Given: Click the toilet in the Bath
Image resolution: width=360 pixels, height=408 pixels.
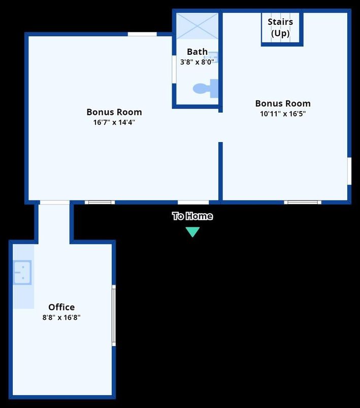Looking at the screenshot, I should [x=205, y=89].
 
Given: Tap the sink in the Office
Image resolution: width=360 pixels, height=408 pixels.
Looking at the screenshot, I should [x=22, y=272].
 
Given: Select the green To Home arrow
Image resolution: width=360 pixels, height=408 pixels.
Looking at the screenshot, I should [x=192, y=232].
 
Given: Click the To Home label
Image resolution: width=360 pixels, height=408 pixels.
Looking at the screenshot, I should [x=192, y=216].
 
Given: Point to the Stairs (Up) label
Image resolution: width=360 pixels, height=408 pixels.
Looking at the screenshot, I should [x=280, y=28].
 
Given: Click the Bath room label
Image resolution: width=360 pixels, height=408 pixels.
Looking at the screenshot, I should [x=197, y=51].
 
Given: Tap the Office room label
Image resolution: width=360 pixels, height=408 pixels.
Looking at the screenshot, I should [x=61, y=307].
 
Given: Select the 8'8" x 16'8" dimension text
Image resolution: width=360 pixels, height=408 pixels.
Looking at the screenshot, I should [x=61, y=318].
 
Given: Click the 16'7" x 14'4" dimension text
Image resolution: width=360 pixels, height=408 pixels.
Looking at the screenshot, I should [x=114, y=122].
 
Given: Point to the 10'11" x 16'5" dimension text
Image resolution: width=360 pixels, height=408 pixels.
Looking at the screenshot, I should [x=283, y=114].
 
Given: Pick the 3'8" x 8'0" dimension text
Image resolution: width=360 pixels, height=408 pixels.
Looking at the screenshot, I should [x=197, y=61].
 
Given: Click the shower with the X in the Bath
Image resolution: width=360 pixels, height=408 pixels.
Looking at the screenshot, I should [x=197, y=25].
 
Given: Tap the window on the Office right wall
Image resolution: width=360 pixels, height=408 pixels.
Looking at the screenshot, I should [x=114, y=316].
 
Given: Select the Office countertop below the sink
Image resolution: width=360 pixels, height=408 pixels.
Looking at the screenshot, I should [x=23, y=297].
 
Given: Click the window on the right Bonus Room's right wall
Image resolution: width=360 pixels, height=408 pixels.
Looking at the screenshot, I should [x=349, y=171].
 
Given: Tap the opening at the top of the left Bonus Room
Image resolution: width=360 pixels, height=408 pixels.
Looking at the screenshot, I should [x=142, y=34].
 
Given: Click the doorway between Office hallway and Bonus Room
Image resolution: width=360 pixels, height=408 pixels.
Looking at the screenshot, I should [x=54, y=202].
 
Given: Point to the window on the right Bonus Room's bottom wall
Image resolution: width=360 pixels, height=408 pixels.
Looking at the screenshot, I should [x=303, y=202].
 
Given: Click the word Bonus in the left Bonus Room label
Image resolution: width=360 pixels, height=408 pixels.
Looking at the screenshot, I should [x=101, y=112].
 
